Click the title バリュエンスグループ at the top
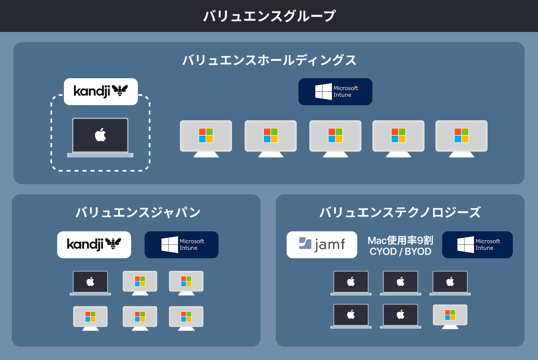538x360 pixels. point(269,16)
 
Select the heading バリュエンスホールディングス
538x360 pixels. point(269,60)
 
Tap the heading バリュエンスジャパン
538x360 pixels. point(138,212)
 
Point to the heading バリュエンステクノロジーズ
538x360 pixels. point(400,212)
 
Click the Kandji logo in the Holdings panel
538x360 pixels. point(101,91)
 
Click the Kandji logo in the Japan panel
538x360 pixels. point(94,244)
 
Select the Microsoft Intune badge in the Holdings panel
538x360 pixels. point(335,92)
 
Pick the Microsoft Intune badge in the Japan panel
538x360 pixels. point(182,245)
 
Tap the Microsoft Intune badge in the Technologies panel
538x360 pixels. point(477,245)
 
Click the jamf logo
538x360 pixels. point(322,245)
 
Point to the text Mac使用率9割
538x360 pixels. point(400,240)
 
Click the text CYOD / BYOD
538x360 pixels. point(400,251)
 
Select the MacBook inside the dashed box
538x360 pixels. point(100,137)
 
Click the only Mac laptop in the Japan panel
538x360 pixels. point(90,283)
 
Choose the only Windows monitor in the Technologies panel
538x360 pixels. point(450,316)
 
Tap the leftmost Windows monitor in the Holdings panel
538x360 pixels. point(206,138)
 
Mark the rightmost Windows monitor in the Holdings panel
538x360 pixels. point(462,138)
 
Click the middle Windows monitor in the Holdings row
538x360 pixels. point(335,138)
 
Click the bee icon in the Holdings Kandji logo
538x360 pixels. point(120,90)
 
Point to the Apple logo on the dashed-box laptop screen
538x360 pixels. point(100,135)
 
